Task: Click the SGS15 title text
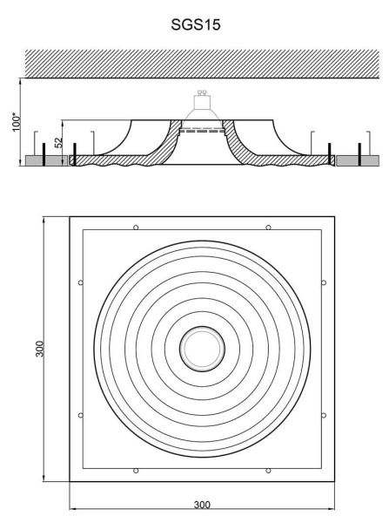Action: (196, 24)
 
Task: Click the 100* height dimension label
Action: (17, 122)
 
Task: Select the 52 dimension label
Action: (58, 143)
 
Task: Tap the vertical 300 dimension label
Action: (40, 349)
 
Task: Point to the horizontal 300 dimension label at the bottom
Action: (202, 505)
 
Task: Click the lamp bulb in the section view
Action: (202, 109)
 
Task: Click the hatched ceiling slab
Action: (202, 64)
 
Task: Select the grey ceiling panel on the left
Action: (46, 160)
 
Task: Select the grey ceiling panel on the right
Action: (358, 160)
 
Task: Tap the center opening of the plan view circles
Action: (202, 349)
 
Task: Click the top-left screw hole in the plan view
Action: (136, 228)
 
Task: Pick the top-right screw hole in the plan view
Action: (268, 228)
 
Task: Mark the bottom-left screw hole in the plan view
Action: (136, 471)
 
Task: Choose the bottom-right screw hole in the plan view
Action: (268, 471)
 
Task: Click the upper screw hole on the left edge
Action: (81, 282)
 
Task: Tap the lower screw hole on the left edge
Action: (81, 415)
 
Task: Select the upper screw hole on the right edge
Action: (324, 282)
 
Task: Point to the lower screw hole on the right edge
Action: (324, 415)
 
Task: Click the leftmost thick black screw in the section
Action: (44, 154)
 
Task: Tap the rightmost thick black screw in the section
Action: (359, 154)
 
